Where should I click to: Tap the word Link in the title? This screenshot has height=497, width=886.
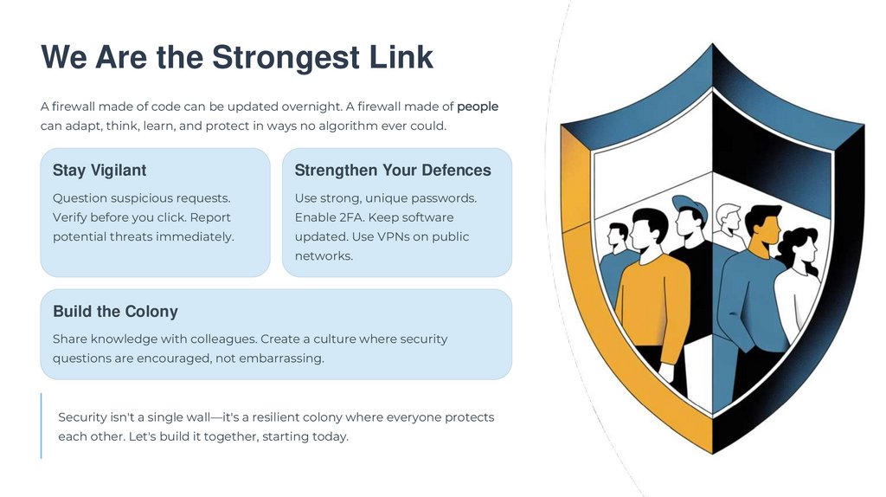coord(399,58)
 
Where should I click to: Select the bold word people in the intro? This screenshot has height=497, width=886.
coord(478,106)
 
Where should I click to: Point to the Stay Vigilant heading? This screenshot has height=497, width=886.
coord(100,171)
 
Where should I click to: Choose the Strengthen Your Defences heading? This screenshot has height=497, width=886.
coord(393,171)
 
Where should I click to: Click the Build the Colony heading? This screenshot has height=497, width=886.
coord(115,312)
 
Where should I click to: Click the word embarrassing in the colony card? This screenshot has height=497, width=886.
coord(281,358)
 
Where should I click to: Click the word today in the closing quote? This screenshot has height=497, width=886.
coord(329,436)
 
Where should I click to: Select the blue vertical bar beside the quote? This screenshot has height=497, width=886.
coord(41,425)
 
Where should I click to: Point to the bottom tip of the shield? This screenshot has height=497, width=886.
coord(712,451)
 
